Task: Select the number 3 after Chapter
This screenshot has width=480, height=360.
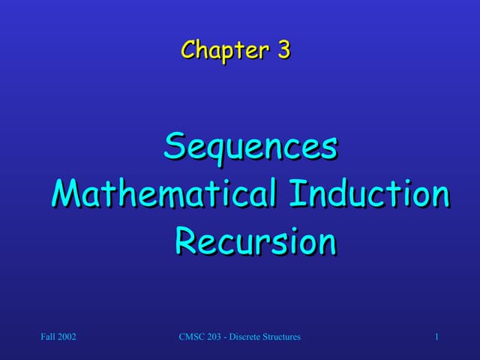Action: (283, 50)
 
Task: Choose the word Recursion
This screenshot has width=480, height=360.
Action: (255, 241)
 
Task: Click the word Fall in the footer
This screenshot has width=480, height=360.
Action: (49, 337)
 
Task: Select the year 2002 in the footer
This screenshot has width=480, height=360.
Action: (67, 337)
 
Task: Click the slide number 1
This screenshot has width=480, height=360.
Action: (436, 337)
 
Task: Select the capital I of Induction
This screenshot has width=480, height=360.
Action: (295, 193)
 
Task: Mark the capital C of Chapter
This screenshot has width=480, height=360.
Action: (188, 50)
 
